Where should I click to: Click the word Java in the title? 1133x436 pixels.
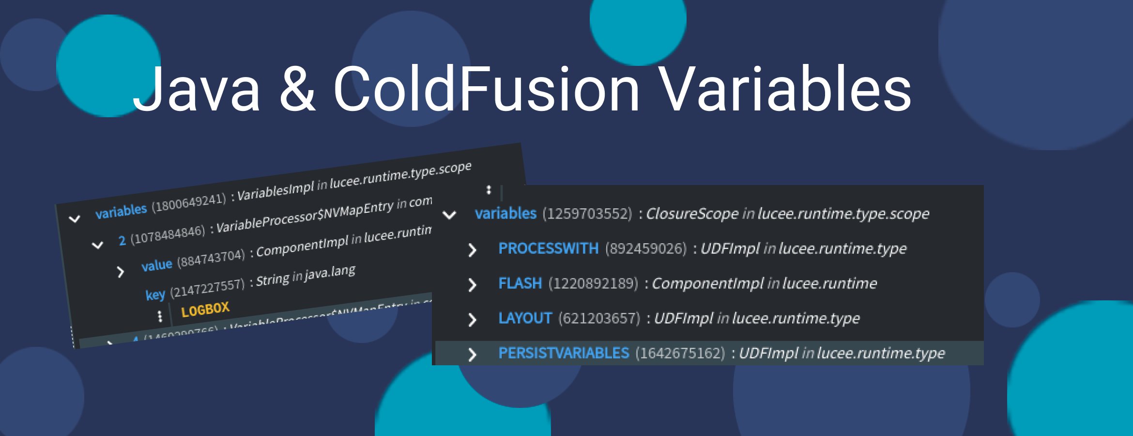pyautogui.click(x=197, y=90)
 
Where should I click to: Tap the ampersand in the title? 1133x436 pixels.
pyautogui.click(x=297, y=90)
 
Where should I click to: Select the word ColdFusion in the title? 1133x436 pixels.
pyautogui.click(x=486, y=90)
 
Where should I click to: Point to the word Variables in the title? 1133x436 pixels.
pyautogui.click(x=785, y=90)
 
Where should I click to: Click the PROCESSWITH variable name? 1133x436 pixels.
pyautogui.click(x=548, y=249)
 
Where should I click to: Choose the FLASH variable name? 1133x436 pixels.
pyautogui.click(x=520, y=283)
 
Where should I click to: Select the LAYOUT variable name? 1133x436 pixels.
pyautogui.click(x=525, y=318)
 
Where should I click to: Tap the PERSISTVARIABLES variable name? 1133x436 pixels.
pyautogui.click(x=564, y=353)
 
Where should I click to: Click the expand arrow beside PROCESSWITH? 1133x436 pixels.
pyautogui.click(x=472, y=250)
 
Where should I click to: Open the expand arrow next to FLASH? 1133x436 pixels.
pyautogui.click(x=472, y=285)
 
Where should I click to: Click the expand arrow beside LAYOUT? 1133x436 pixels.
pyautogui.click(x=472, y=320)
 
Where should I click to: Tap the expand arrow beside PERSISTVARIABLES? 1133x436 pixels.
pyautogui.click(x=472, y=355)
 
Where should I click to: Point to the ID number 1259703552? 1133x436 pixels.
pyautogui.click(x=587, y=214)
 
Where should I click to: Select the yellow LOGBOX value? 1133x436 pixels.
pyautogui.click(x=205, y=309)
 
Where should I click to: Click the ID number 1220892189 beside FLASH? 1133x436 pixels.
pyautogui.click(x=593, y=283)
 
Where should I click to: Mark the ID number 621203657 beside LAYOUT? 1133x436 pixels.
pyautogui.click(x=599, y=318)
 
